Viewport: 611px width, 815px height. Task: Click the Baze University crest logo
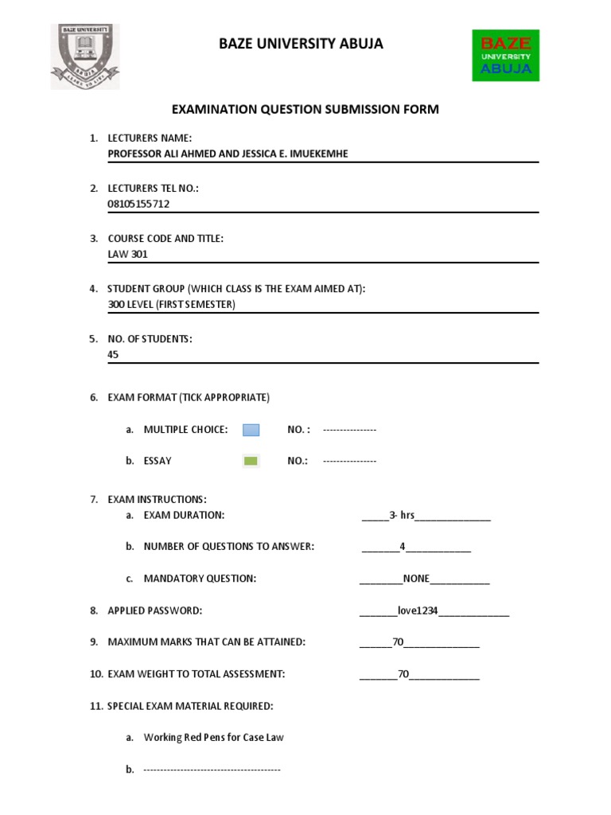86,56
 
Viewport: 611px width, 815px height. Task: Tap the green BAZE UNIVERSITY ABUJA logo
506,55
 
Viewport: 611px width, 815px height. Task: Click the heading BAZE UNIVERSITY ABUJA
301,44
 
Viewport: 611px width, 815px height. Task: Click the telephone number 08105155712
138,204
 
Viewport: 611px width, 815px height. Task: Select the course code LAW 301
127,255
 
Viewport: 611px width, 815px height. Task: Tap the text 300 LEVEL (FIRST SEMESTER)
171,304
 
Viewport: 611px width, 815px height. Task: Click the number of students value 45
113,354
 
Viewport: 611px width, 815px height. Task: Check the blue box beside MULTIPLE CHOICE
251,430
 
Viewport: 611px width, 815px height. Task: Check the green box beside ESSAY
251,461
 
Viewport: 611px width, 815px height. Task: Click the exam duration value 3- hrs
403,516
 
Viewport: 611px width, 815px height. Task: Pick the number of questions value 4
403,547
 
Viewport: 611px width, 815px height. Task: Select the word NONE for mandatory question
416,579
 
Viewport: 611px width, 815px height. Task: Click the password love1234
418,610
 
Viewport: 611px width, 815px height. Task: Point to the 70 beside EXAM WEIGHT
403,674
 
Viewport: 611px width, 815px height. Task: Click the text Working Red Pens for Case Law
213,738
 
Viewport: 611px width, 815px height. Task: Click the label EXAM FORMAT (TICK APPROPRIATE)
189,397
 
